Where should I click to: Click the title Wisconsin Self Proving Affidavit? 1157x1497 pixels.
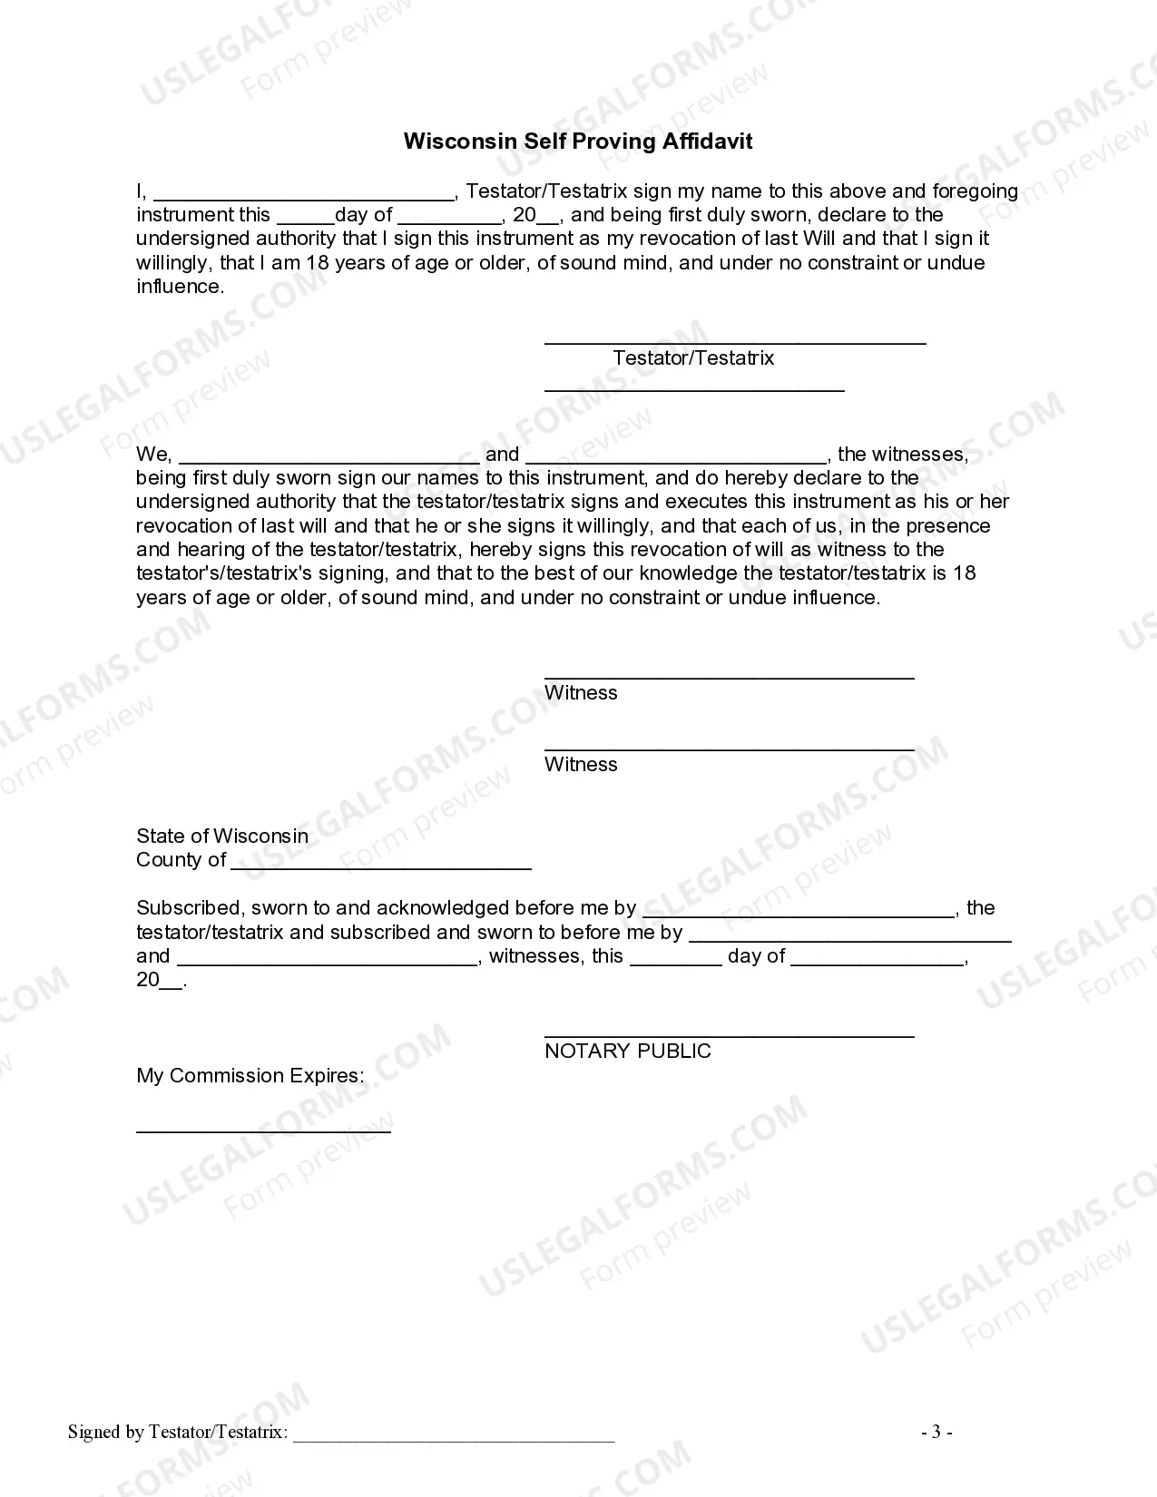[x=577, y=142]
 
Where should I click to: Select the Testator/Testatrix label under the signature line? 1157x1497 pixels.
[x=693, y=358]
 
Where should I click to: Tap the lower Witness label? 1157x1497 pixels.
[x=581, y=765]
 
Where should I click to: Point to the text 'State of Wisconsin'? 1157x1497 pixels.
[x=222, y=837]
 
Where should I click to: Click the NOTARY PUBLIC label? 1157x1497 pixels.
[x=628, y=1052]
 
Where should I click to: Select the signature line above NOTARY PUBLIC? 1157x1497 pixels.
[x=729, y=1035]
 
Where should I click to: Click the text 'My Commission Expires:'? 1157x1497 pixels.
[x=250, y=1076]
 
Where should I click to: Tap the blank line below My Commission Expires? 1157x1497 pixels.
[x=263, y=1130]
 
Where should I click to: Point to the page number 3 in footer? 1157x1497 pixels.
[x=936, y=1433]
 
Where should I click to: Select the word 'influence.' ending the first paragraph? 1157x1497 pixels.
[x=180, y=287]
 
